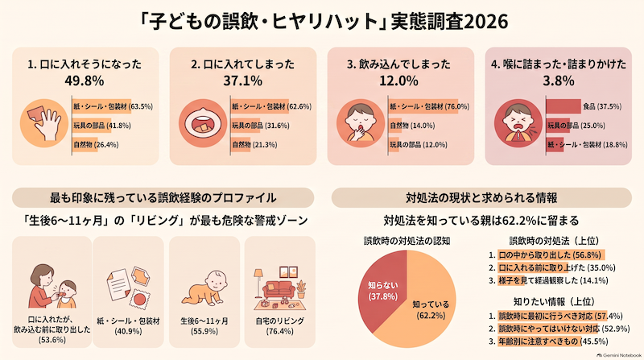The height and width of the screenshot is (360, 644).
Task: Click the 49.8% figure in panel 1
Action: (x=85, y=81)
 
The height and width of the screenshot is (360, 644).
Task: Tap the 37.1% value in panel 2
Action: (x=243, y=81)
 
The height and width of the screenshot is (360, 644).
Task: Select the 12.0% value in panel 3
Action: (x=398, y=81)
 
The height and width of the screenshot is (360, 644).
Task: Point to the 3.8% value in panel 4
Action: (x=558, y=81)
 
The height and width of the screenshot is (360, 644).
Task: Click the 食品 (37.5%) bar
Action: (x=563, y=106)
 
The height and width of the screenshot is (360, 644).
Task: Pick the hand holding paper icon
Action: (x=44, y=123)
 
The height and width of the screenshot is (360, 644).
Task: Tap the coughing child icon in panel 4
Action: (x=518, y=123)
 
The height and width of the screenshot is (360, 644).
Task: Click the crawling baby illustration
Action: (x=204, y=288)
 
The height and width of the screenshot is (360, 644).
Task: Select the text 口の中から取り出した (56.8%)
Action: (x=550, y=254)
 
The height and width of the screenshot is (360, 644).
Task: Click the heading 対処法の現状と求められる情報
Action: (x=481, y=197)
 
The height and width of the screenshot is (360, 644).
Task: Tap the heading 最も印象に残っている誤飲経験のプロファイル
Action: (x=163, y=197)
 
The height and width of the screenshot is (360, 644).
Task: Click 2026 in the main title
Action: (x=485, y=22)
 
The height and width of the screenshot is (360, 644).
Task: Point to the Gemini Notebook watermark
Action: (x=619, y=355)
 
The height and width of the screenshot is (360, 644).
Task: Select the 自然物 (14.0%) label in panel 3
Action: (x=412, y=126)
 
